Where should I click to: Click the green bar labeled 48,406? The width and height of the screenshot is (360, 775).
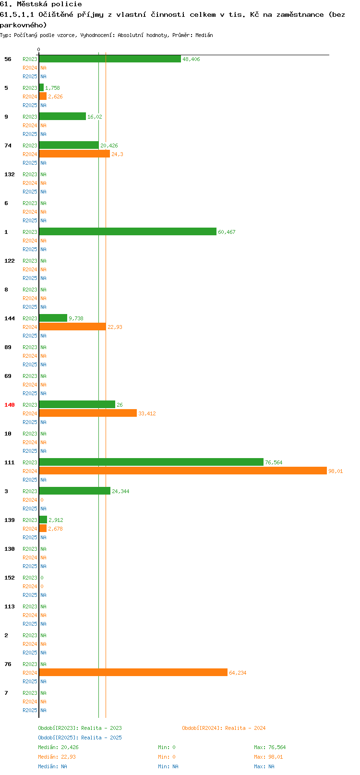[110, 59]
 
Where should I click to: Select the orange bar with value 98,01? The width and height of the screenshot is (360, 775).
[183, 471]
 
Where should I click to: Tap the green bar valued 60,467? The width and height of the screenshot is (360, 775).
[128, 232]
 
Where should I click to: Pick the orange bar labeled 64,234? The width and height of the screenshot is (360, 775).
[133, 673]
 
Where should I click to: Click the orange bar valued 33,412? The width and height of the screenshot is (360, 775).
[88, 413]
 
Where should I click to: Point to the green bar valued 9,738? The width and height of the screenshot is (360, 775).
[53, 318]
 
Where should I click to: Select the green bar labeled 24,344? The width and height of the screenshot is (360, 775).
[75, 491]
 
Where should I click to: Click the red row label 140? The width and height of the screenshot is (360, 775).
[9, 405]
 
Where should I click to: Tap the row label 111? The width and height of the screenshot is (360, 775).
[9, 462]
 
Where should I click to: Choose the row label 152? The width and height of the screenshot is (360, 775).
[9, 578]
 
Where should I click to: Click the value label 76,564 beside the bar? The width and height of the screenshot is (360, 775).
[274, 462]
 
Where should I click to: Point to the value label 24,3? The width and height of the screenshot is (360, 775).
[117, 154]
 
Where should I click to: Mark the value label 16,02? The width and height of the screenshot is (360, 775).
[95, 117]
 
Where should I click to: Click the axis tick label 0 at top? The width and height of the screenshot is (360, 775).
[38, 49]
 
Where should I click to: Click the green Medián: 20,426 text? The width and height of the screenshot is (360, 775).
[58, 747]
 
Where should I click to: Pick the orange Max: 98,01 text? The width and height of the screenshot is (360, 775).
[268, 757]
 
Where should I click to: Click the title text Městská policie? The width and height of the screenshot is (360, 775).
[49, 4]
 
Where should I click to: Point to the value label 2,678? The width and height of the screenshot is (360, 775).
[55, 529]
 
